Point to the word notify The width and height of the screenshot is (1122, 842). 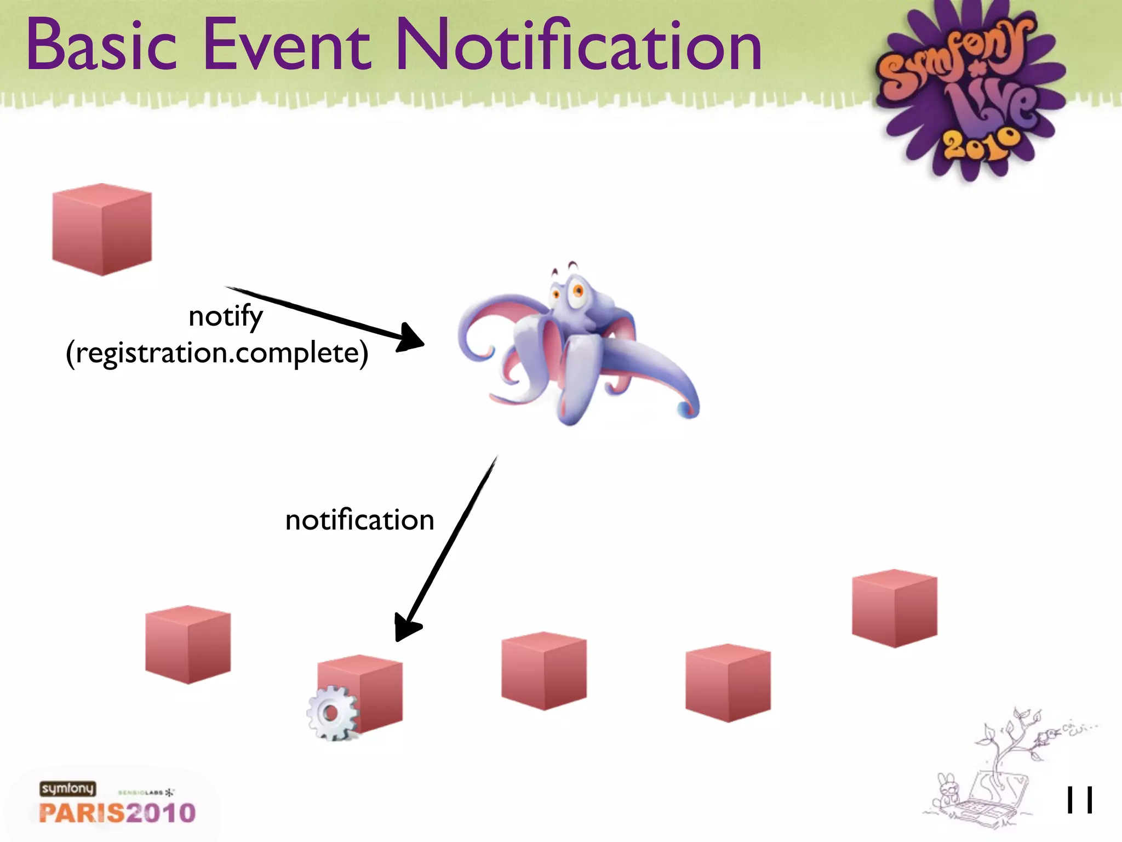(225, 317)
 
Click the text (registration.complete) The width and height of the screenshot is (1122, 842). (217, 353)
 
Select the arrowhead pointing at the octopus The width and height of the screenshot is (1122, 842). (411, 337)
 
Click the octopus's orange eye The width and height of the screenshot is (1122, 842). (577, 290)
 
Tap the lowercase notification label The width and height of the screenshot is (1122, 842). (359, 520)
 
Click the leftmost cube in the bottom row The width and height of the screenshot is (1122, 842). (188, 645)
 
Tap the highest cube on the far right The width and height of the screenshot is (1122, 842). (895, 608)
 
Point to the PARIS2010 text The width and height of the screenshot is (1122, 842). (117, 813)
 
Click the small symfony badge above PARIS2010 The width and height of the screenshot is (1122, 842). (67, 788)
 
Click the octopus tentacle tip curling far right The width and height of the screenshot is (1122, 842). (688, 408)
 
